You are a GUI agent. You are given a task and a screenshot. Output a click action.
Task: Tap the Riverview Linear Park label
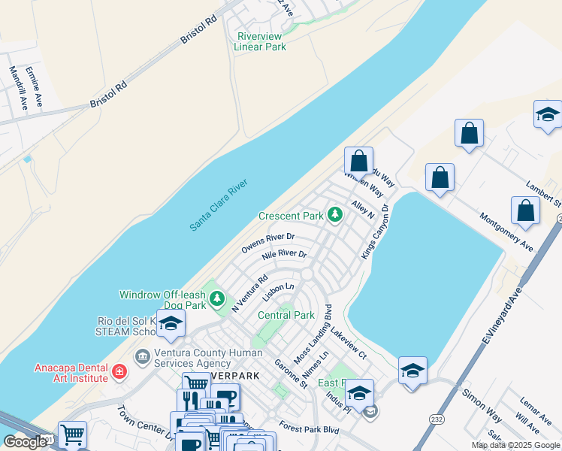tap(260, 41)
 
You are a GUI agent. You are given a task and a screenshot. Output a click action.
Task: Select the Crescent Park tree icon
tap(334, 216)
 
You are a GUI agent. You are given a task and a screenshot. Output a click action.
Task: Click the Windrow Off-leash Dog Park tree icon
tap(217, 299)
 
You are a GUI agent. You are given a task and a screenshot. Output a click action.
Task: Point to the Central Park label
tap(286, 315)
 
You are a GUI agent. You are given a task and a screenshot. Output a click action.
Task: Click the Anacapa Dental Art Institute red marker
tap(119, 371)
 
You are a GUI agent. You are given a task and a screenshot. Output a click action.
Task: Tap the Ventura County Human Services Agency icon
tap(141, 356)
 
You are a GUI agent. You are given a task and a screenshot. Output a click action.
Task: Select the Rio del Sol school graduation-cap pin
tap(171, 324)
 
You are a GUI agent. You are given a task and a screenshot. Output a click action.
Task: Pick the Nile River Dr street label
tap(284, 255)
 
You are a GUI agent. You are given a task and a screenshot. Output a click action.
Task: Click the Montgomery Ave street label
tap(506, 233)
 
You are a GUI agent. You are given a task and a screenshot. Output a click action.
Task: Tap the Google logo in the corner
tap(25, 442)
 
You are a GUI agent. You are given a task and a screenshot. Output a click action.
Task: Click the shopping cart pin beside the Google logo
tap(72, 434)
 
